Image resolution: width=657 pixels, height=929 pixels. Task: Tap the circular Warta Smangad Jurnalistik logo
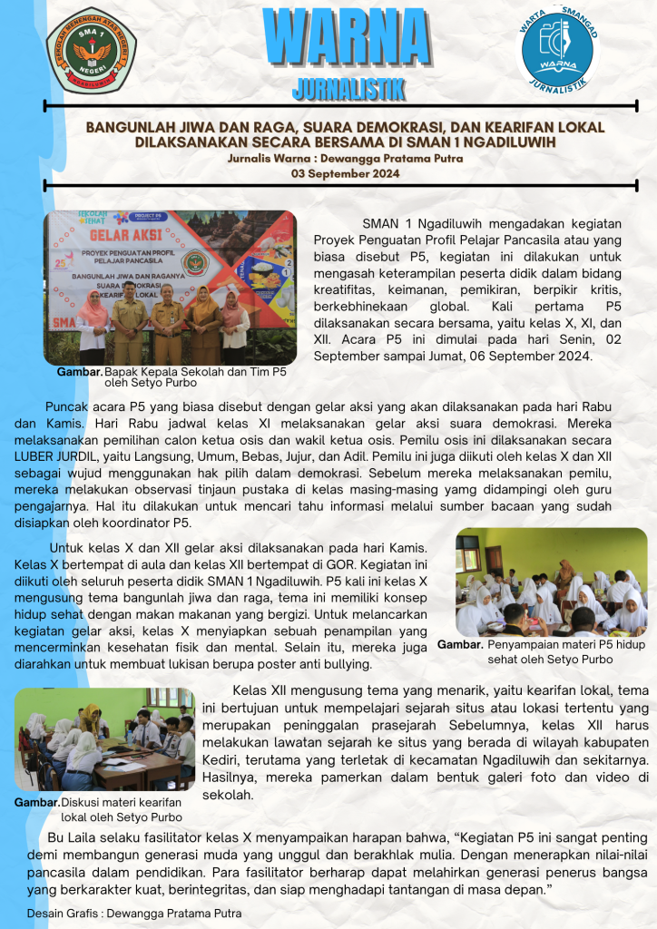(558, 47)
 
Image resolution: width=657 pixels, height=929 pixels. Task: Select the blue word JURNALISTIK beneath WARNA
(348, 89)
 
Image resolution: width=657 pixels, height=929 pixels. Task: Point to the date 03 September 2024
(346, 172)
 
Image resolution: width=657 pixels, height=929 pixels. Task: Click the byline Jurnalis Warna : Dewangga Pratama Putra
(346, 158)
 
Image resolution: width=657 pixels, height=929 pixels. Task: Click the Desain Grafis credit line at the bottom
(134, 912)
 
